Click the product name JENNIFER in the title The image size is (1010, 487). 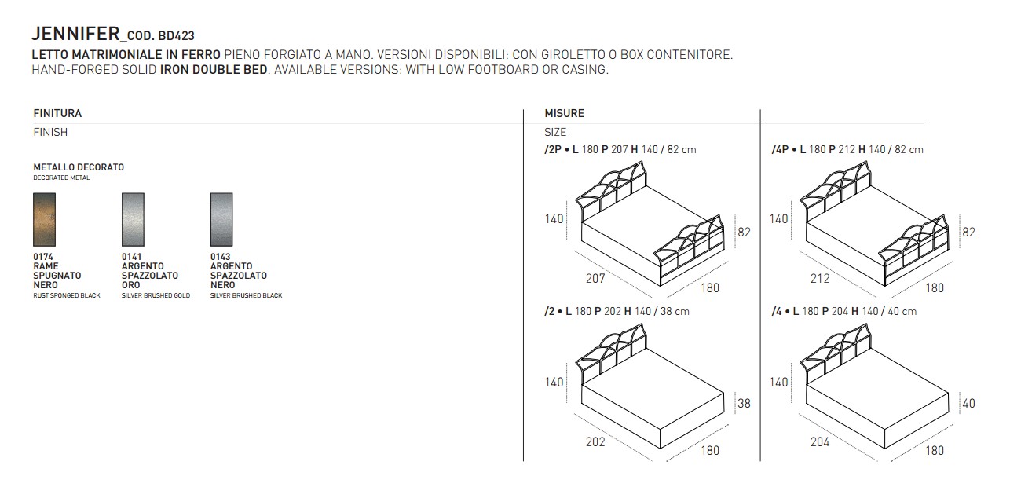point(75,34)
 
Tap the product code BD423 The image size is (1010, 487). point(176,35)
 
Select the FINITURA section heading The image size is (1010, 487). point(57,113)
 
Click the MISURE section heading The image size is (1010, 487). point(564,113)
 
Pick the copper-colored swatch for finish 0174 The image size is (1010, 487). point(44,220)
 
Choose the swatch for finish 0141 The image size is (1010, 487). point(133,220)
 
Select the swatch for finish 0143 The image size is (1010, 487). point(221,220)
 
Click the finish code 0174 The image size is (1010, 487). point(43,257)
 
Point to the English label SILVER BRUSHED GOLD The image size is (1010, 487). point(156,295)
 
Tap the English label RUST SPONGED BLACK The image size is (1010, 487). point(67,295)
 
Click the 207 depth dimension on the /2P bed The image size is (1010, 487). point(595,278)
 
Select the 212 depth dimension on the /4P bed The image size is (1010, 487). point(820,278)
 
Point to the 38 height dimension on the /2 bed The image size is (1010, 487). point(744,403)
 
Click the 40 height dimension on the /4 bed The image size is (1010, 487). point(968,403)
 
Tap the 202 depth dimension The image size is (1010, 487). point(595,441)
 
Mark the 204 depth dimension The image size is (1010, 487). point(820,441)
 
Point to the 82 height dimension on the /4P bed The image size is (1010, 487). point(968,233)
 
